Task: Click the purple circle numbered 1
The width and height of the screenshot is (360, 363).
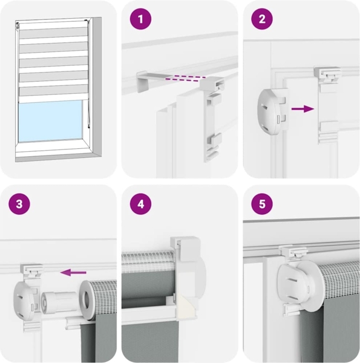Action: pos(140,19)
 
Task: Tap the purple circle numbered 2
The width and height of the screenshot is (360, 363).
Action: pos(262,19)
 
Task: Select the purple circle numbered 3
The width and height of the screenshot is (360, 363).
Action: pos(19,204)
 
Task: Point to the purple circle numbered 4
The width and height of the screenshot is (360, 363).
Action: pos(140,204)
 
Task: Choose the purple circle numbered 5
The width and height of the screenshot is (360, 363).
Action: pos(262,204)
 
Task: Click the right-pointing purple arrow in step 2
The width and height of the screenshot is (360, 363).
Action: pos(303,109)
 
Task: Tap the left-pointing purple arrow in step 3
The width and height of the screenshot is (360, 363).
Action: pos(73,272)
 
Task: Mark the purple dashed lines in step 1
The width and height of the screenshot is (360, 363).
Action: pos(185,78)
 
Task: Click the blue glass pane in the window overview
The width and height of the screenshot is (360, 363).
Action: pos(50,120)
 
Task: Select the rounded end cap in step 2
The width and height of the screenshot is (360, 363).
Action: pos(273,112)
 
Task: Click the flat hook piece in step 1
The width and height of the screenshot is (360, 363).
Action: pos(153,80)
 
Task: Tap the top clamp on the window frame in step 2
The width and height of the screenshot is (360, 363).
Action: pos(327,74)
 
